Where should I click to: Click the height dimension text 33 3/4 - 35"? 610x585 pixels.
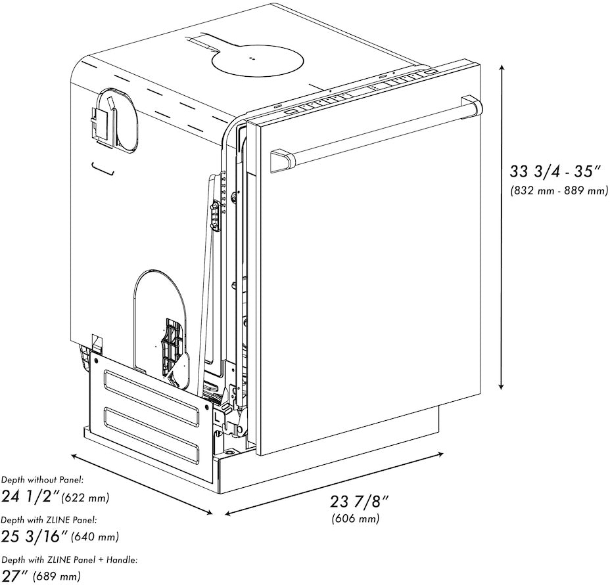tap(556, 173)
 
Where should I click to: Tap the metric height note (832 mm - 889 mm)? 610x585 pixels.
tap(559, 191)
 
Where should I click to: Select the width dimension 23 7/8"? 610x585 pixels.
tap(360, 502)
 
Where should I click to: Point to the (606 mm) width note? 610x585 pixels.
tap(355, 519)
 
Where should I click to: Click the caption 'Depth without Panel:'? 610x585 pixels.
tap(42, 481)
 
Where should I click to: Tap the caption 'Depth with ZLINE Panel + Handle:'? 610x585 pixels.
tap(69, 560)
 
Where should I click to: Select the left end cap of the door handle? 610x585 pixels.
tap(282, 160)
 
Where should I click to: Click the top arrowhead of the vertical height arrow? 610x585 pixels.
tap(502, 67)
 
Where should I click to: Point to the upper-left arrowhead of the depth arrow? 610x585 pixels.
tap(74, 456)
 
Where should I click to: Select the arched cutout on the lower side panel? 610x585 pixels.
tap(162, 315)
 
